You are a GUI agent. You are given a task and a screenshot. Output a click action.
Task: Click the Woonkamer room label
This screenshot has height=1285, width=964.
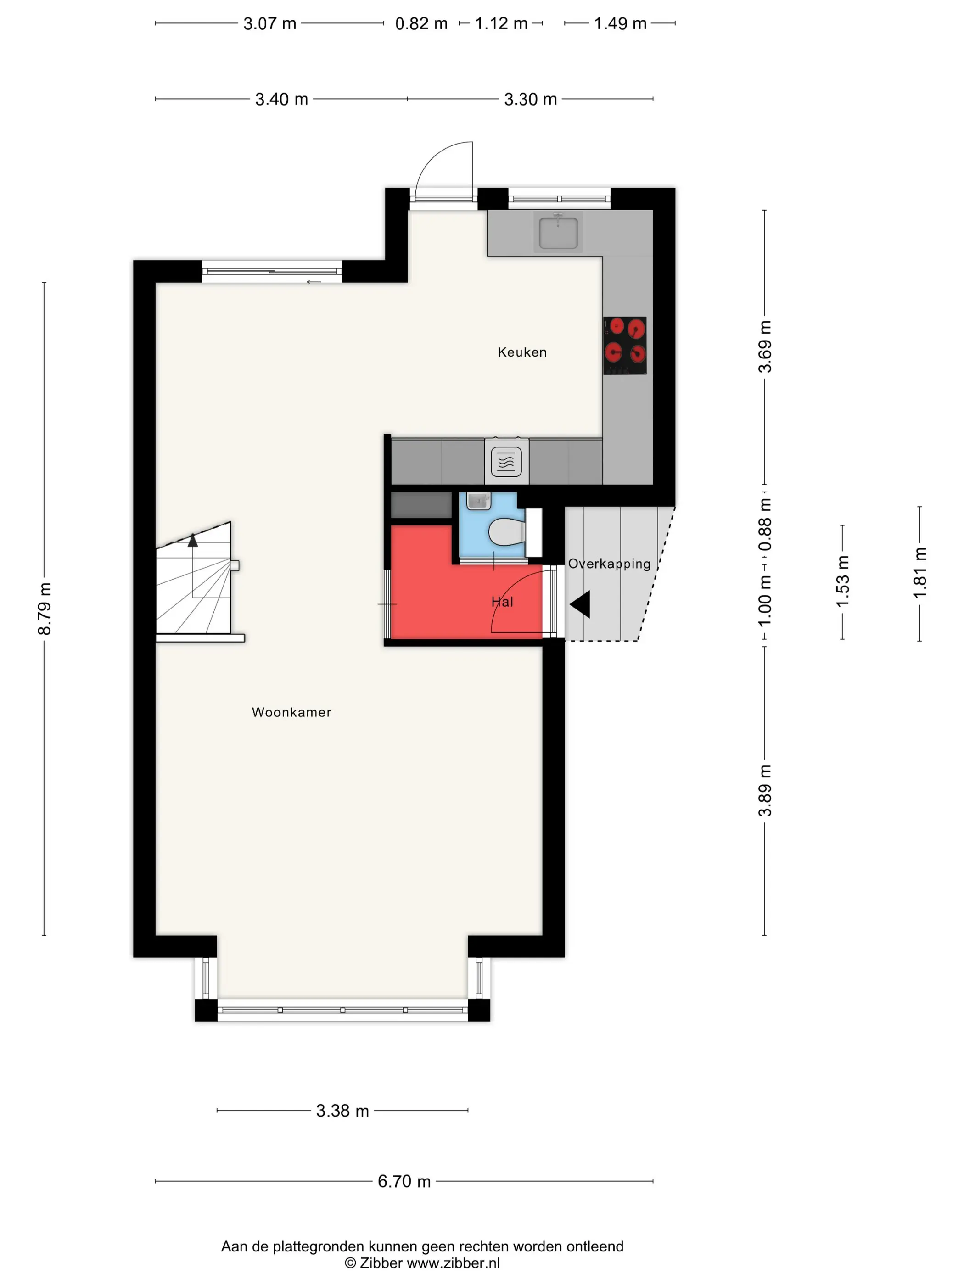tap(291, 712)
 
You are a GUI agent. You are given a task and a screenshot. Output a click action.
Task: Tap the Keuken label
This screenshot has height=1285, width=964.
tap(522, 352)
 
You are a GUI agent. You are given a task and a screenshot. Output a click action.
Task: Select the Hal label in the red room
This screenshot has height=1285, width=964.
tap(502, 602)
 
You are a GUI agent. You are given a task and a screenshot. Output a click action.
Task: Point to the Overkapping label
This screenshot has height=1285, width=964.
tap(609, 564)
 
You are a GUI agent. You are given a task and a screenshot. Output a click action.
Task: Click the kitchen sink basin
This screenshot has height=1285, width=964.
tap(558, 232)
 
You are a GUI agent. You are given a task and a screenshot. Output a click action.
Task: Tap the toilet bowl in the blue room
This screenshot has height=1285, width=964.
tap(507, 532)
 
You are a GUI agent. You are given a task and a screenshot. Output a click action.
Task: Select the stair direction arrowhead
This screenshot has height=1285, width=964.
tap(193, 540)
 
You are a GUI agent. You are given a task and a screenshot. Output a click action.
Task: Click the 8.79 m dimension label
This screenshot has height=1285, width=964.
tap(44, 609)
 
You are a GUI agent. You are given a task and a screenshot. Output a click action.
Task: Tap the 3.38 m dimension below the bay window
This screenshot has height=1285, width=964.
tap(342, 1111)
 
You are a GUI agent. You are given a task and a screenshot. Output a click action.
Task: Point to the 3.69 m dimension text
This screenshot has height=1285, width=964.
tap(765, 346)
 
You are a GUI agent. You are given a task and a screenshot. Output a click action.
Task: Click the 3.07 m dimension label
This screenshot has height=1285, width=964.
tap(269, 24)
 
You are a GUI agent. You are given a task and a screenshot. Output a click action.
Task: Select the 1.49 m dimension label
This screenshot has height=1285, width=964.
tap(620, 24)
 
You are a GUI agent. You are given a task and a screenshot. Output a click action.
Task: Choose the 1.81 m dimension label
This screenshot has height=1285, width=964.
tap(919, 573)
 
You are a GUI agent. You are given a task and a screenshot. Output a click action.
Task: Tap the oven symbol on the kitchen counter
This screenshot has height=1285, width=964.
tap(506, 462)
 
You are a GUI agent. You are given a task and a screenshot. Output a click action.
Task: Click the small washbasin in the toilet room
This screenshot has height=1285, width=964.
tap(478, 500)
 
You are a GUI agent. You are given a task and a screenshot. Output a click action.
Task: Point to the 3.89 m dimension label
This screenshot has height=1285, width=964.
tap(765, 791)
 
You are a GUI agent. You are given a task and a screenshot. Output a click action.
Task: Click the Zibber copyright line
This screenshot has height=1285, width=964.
tap(422, 1263)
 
